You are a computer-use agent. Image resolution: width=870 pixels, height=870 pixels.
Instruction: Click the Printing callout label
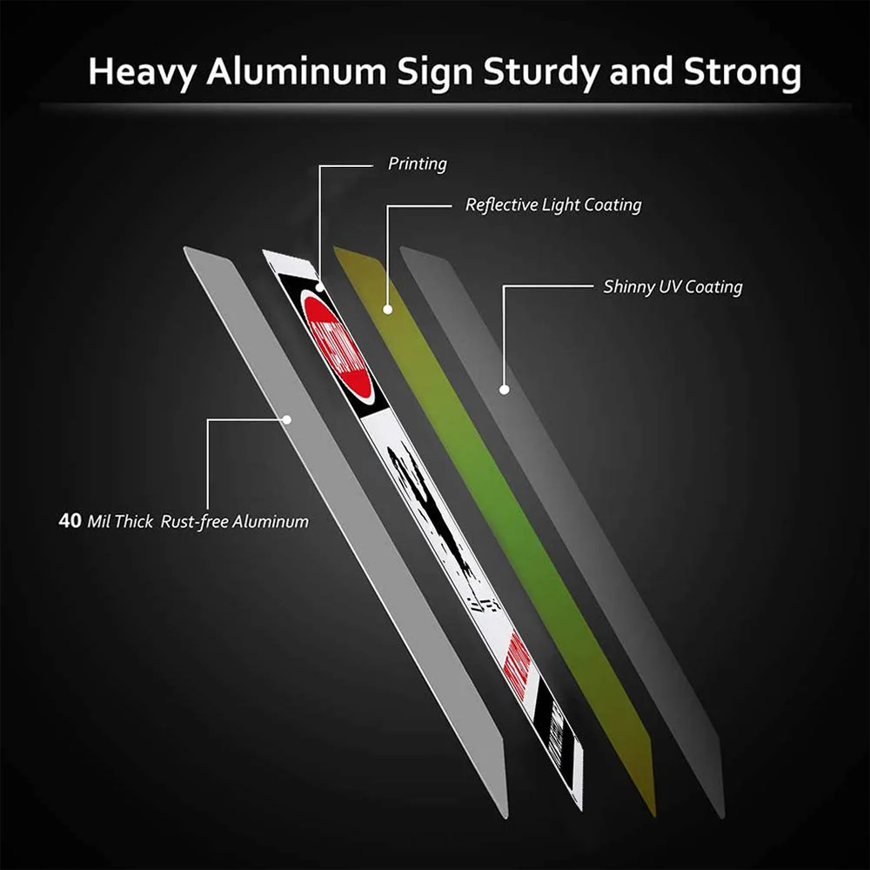pyautogui.click(x=417, y=163)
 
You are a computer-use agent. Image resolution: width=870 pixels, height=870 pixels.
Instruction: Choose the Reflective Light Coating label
pyautogui.click(x=553, y=205)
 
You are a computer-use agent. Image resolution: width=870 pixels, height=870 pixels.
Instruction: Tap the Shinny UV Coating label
pyautogui.click(x=673, y=286)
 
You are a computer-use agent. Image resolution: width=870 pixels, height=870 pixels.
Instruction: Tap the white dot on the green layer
pyautogui.click(x=388, y=308)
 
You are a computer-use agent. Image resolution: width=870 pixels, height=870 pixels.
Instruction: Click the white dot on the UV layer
pyautogui.click(x=503, y=390)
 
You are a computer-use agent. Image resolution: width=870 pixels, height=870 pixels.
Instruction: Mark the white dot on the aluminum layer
pyautogui.click(x=288, y=419)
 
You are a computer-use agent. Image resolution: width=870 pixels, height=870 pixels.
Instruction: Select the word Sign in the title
pyautogui.click(x=436, y=73)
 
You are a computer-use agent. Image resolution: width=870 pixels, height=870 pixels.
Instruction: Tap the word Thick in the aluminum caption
pyautogui.click(x=134, y=522)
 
